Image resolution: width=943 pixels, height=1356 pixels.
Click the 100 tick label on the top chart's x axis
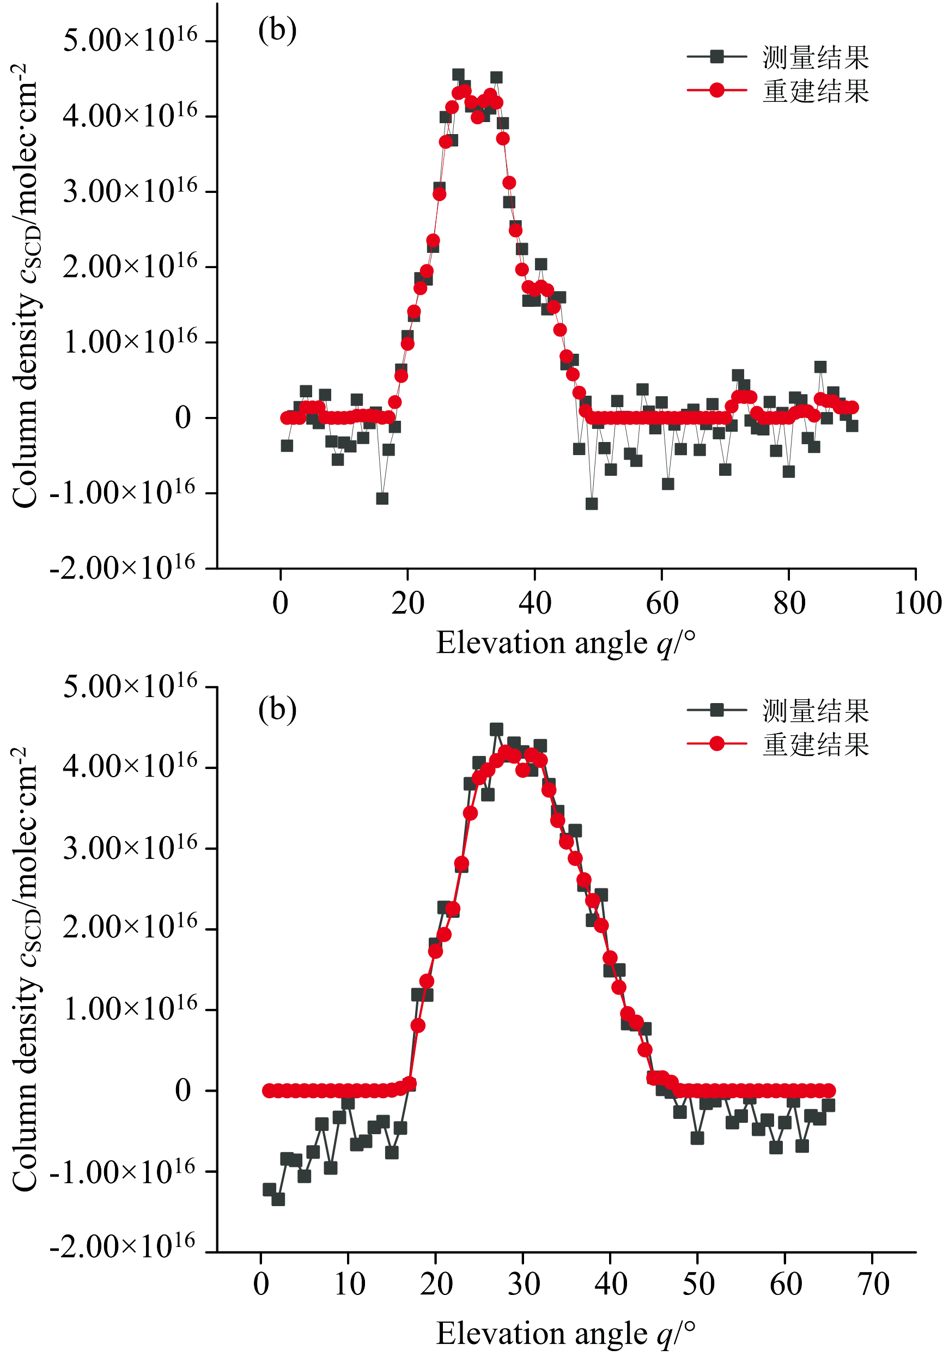[x=916, y=603]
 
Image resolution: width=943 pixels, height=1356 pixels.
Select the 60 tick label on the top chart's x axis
[x=662, y=603]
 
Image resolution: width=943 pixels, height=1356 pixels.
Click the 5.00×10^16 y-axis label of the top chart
[x=130, y=41]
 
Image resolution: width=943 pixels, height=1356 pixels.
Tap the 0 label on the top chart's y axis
[x=183, y=418]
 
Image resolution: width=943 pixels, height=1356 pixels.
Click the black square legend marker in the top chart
[x=717, y=57]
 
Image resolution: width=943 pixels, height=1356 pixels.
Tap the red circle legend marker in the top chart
[x=717, y=90]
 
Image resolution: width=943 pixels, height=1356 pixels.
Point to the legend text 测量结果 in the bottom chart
[x=816, y=711]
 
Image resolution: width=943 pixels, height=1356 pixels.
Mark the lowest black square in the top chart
[x=592, y=504]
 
